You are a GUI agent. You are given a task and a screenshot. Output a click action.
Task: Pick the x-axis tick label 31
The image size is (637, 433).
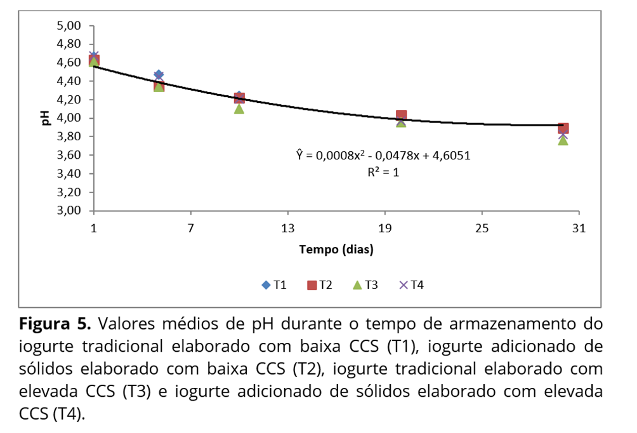578,229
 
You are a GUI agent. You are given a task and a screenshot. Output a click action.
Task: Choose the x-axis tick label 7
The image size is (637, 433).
190,229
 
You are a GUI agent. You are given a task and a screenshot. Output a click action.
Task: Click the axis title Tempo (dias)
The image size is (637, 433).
336,250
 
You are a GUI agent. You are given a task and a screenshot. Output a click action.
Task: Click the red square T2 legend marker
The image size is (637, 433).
312,285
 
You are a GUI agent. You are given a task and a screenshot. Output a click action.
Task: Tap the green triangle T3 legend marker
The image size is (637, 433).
357,285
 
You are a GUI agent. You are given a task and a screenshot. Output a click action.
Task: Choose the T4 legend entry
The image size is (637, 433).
411,285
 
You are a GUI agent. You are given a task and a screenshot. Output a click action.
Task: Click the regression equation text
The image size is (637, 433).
383,155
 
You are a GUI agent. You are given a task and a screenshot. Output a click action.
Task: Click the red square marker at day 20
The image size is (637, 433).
401,116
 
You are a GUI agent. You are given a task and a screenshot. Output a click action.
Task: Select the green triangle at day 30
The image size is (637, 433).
563,140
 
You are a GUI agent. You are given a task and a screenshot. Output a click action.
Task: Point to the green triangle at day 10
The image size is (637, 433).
239,109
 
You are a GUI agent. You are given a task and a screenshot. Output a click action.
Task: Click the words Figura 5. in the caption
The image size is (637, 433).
56,324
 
